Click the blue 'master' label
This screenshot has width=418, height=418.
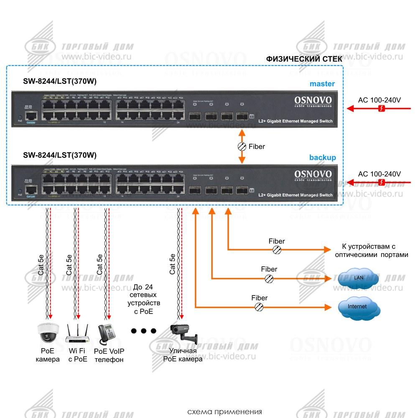[x=322, y=84]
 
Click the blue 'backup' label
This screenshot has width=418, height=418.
[x=322, y=158]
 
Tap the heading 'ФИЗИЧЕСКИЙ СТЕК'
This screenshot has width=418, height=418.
[x=304, y=59]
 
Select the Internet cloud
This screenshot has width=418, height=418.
[x=358, y=307]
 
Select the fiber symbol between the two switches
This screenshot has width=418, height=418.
[x=242, y=147]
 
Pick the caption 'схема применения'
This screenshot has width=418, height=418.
[x=225, y=412]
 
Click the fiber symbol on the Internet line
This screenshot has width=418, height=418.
[x=259, y=307]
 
